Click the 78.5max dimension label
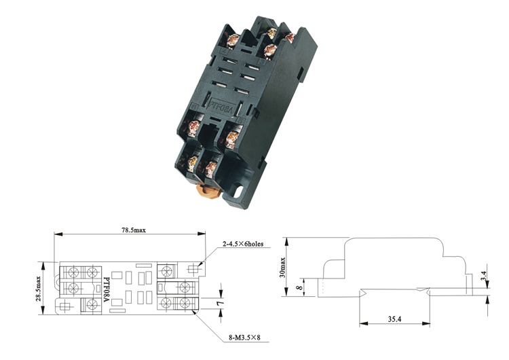click(x=134, y=230)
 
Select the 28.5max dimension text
click(x=38, y=289)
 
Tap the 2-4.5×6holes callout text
click(x=243, y=244)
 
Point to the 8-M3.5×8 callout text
click(x=244, y=338)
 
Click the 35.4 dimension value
click(x=394, y=319)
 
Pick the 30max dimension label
click(x=282, y=268)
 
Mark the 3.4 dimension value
click(x=484, y=276)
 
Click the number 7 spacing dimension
click(x=221, y=303)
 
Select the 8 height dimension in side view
click(x=300, y=287)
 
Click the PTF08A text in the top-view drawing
click(x=106, y=289)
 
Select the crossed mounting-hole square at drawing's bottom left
click(x=65, y=307)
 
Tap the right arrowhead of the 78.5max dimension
click(x=202, y=234)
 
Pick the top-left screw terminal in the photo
click(x=232, y=39)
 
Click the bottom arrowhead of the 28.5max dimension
click(x=42, y=311)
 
